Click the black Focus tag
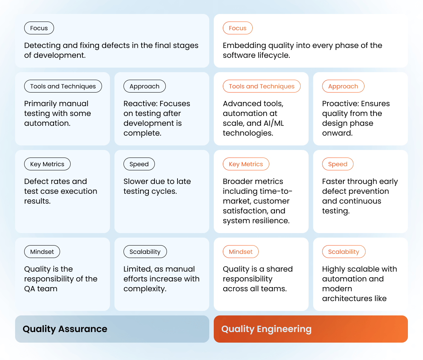click(39, 28)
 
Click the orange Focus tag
click(238, 28)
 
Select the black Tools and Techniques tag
click(63, 86)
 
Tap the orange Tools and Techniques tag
click(262, 86)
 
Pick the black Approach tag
click(144, 86)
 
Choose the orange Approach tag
click(343, 86)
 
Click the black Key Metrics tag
click(47, 164)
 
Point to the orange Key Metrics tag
click(246, 164)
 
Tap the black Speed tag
click(139, 164)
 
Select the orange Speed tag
click(338, 164)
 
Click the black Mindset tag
click(42, 252)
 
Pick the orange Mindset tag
click(241, 252)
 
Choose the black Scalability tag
click(145, 252)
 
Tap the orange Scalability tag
click(344, 252)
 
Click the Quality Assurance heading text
click(65, 329)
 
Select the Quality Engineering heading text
click(266, 329)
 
